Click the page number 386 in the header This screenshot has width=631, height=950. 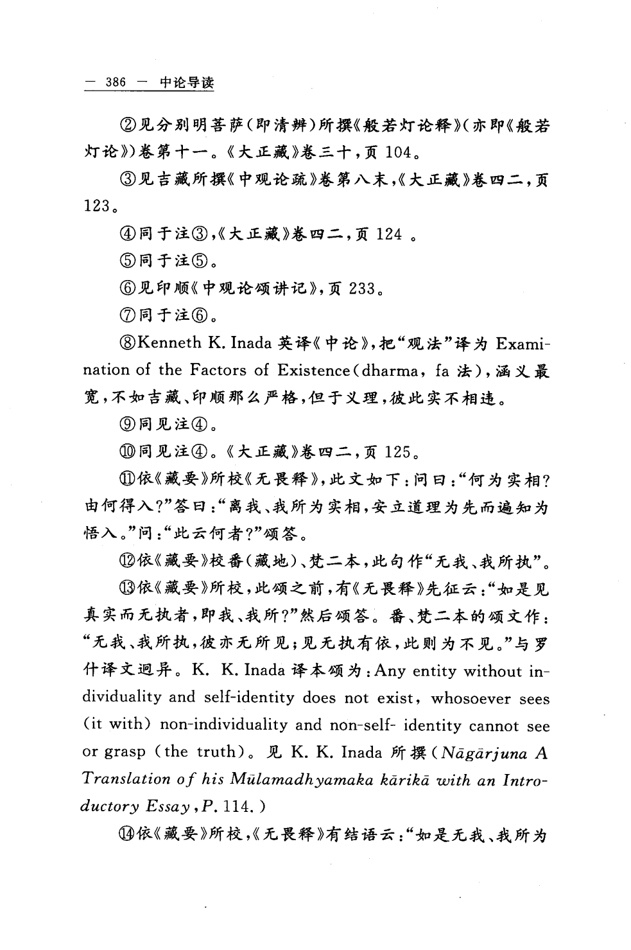point(116,83)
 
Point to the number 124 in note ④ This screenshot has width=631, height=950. point(389,234)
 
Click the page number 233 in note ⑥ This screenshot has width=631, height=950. point(361,289)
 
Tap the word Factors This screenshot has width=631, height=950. point(218,370)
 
